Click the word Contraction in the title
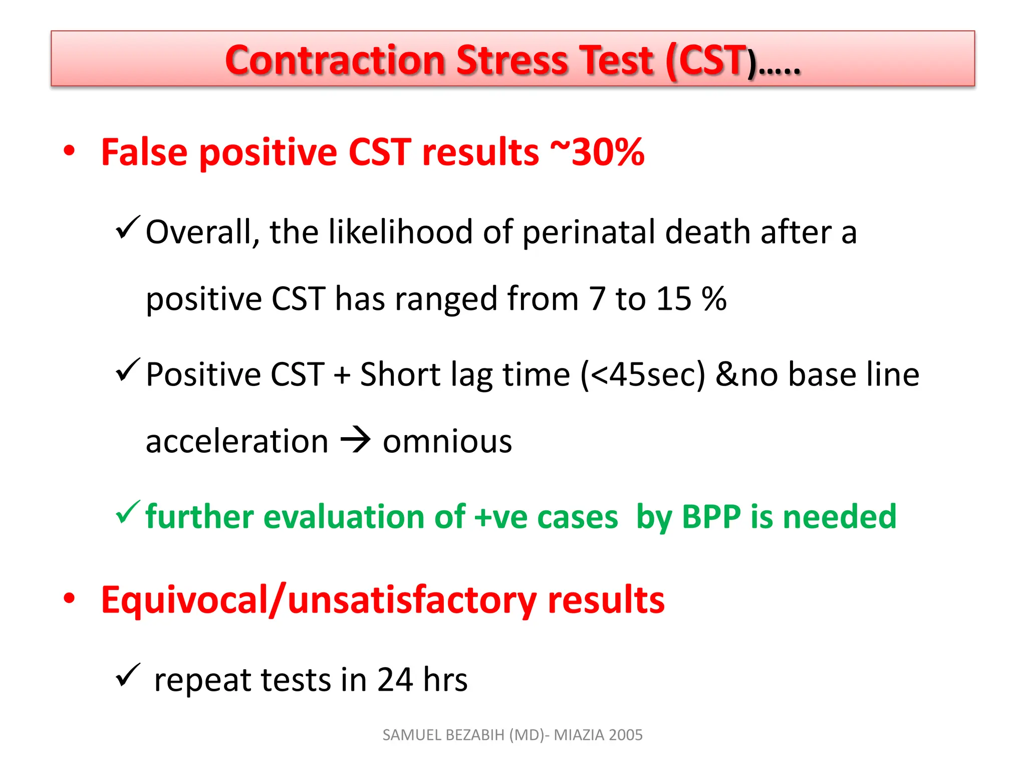tap(335, 61)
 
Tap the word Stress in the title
tap(511, 61)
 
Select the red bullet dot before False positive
tap(69, 151)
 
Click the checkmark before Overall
tap(128, 228)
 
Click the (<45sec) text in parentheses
tap(643, 374)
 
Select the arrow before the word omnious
tap(355, 441)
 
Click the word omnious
tap(447, 442)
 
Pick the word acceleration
tap(237, 442)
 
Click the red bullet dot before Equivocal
tap(69, 598)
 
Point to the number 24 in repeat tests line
tap(395, 680)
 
